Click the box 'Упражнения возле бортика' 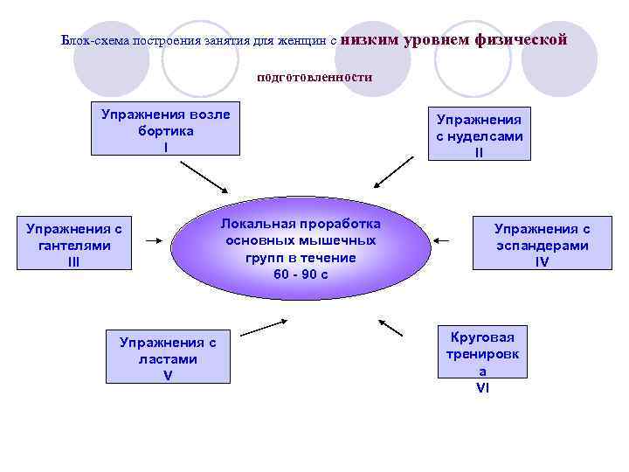coord(165,130)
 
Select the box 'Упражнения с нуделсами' coord(479,135)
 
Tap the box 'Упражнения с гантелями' coord(74,245)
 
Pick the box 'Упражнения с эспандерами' coord(542,244)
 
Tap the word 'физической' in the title coord(522,39)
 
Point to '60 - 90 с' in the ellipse coord(301,274)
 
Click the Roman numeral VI coord(482,387)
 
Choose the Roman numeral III coord(74,260)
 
